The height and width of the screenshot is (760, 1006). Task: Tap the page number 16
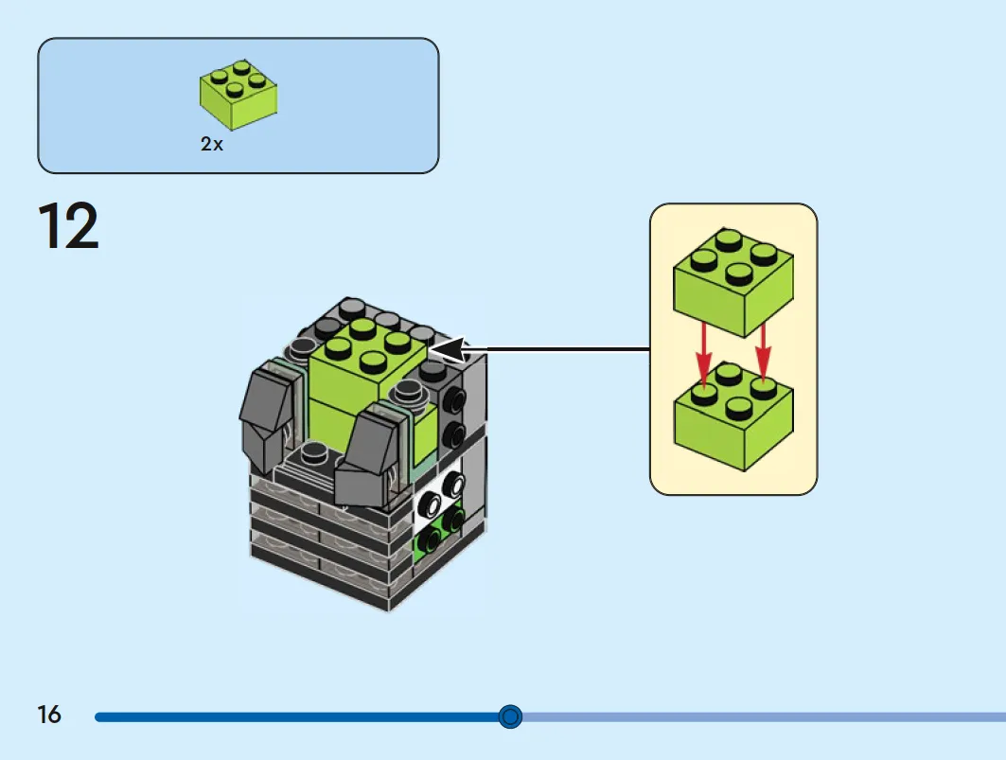tap(49, 715)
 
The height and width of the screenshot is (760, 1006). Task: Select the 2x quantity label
tap(212, 144)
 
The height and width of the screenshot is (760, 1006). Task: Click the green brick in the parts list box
tap(238, 95)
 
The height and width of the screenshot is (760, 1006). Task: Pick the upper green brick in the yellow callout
tap(733, 282)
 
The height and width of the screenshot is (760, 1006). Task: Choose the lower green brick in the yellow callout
tap(733, 417)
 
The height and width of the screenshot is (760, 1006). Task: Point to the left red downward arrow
tap(704, 356)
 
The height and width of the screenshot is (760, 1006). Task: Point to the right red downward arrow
tap(763, 353)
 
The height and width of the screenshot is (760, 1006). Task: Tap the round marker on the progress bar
tap(510, 716)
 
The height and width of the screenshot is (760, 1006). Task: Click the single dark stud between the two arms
tap(314, 451)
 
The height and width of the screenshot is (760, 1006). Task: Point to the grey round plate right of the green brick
tap(410, 392)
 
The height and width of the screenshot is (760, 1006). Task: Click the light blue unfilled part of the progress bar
tap(764, 716)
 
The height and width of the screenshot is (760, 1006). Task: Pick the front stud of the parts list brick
tap(235, 91)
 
